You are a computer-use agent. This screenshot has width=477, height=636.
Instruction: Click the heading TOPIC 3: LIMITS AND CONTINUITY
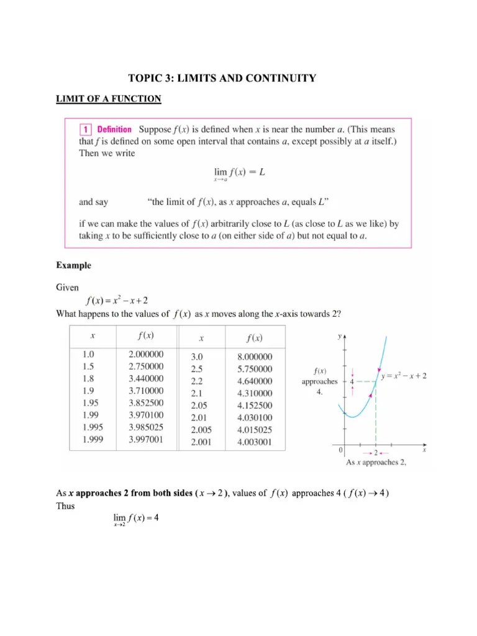(x=222, y=78)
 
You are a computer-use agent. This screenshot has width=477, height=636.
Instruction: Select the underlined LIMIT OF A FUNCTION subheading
(x=109, y=99)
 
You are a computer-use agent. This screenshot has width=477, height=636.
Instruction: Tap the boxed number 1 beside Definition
(x=85, y=130)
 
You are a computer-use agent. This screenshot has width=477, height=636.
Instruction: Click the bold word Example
(x=73, y=266)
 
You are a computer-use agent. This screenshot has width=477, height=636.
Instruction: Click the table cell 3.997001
(x=146, y=439)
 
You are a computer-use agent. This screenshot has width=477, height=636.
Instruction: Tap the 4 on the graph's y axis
(x=352, y=381)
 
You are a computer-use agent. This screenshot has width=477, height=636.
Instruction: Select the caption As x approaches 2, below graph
(x=376, y=462)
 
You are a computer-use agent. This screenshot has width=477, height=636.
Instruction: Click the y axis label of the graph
(x=339, y=336)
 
